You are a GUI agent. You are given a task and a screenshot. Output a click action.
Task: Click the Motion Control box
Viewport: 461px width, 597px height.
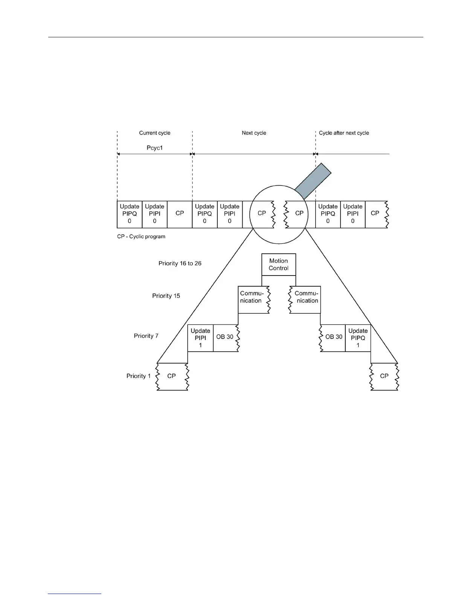point(279,265)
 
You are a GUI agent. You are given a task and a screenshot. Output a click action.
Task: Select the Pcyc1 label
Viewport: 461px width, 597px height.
point(155,148)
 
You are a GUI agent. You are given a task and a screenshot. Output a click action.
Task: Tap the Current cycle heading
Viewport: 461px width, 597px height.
point(155,133)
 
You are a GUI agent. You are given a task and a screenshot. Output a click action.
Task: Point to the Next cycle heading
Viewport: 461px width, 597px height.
point(254,133)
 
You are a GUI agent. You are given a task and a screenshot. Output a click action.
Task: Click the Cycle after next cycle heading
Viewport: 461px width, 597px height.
point(344,133)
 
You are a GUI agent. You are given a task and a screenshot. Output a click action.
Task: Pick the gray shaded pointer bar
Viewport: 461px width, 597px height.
point(313,181)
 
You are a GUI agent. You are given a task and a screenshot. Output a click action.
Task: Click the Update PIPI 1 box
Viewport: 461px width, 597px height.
point(200,338)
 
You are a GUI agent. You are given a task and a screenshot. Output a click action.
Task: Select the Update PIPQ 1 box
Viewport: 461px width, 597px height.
point(358,338)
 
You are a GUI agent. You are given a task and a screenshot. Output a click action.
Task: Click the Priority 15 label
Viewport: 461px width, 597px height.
point(166,296)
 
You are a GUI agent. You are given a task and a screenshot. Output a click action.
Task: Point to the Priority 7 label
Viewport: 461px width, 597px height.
point(146,336)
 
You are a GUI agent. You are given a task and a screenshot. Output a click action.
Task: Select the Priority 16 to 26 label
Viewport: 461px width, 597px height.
point(180,263)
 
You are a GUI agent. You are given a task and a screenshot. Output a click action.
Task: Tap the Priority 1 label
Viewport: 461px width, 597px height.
point(139,376)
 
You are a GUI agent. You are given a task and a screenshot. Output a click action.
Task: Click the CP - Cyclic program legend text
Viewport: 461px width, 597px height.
point(141,237)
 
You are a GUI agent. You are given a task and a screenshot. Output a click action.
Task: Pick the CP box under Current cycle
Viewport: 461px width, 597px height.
point(180,214)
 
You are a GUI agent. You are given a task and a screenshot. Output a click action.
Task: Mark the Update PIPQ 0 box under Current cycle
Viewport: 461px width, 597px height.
point(130,214)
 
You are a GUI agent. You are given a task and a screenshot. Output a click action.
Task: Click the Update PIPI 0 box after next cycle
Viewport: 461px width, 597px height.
point(353,214)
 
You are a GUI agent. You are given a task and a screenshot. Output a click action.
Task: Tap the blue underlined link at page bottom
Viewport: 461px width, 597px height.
point(75,594)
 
